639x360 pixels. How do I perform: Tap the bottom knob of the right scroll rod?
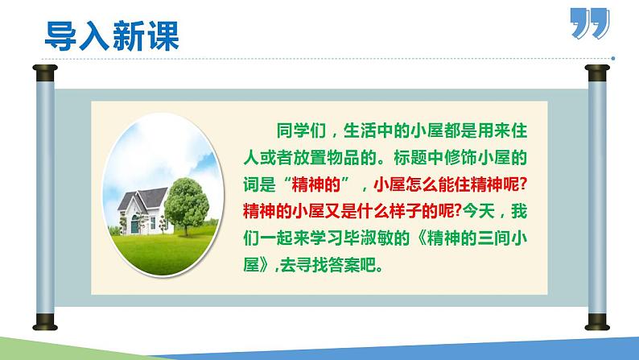click(x=595, y=327)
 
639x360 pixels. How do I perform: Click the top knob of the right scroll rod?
click(x=595, y=74)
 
